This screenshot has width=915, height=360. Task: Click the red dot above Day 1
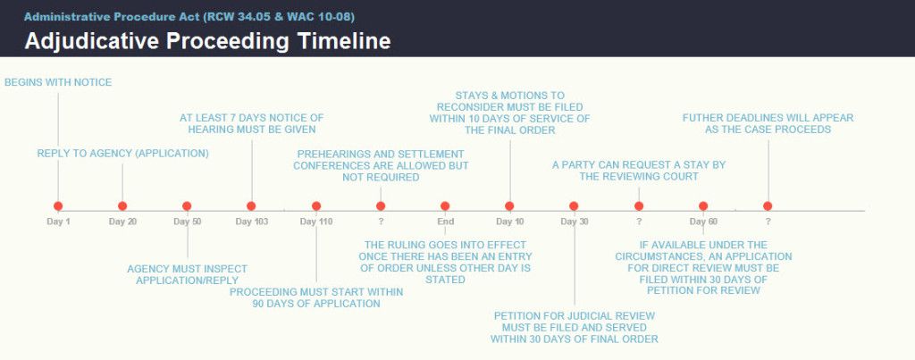tap(58, 206)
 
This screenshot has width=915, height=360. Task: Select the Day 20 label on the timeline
tap(122, 222)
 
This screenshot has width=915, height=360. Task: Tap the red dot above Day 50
tap(187, 206)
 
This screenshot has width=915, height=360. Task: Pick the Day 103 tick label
tap(251, 222)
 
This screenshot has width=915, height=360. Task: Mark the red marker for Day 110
tap(316, 206)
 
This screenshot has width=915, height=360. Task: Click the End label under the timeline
tap(445, 222)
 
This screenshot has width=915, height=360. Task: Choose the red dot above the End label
tap(445, 206)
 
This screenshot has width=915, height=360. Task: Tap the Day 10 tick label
tap(510, 222)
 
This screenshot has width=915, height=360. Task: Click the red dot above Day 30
tap(574, 206)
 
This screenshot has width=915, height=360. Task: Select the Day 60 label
tap(703, 222)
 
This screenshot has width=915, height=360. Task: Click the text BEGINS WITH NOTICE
tap(58, 83)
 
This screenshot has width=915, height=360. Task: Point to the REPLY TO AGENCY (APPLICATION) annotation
tap(122, 154)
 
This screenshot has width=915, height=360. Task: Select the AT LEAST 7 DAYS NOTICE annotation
tap(251, 123)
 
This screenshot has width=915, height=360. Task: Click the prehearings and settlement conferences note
tap(381, 165)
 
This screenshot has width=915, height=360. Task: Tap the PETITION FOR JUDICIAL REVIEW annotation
tap(575, 327)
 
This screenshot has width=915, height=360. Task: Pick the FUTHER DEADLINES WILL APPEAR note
tap(768, 123)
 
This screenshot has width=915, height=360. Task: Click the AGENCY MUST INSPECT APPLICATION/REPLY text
tap(188, 275)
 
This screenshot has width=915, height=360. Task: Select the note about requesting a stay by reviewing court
tap(639, 171)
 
